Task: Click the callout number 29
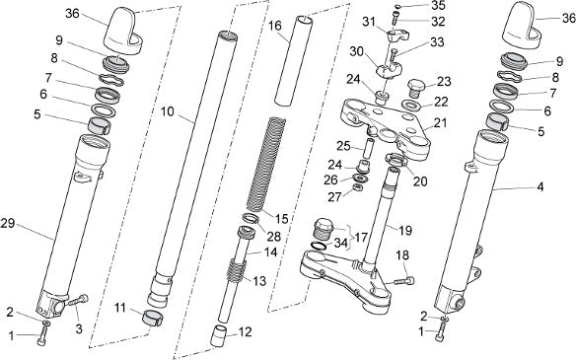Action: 7,223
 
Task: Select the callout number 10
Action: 167,111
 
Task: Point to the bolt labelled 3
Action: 78,301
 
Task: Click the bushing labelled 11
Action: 153,318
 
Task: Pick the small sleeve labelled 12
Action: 218,335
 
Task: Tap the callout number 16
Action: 275,26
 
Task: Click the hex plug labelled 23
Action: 416,88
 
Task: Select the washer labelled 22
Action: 412,106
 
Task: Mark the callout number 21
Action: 441,123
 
